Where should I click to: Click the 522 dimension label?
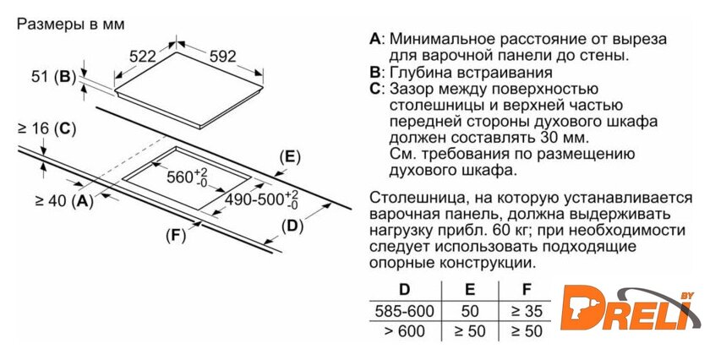point(142,57)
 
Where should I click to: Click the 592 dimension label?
point(223,56)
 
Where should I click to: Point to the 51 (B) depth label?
point(53,77)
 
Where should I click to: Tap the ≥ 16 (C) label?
point(46,129)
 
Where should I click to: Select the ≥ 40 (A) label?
point(64,200)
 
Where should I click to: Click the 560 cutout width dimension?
point(187,177)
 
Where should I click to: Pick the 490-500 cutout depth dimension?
point(262,199)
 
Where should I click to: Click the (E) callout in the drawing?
point(290,157)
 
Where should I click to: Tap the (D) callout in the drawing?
point(292,226)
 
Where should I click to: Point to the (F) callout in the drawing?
point(176,235)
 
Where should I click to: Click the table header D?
point(404,290)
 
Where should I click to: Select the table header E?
point(470,290)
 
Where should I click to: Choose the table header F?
point(526,290)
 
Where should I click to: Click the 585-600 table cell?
point(404,311)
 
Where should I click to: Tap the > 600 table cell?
point(404,331)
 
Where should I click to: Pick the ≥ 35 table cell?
point(527,311)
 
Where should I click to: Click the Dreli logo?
point(630,308)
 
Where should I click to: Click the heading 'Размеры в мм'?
point(70,24)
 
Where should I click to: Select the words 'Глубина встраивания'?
point(471,73)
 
